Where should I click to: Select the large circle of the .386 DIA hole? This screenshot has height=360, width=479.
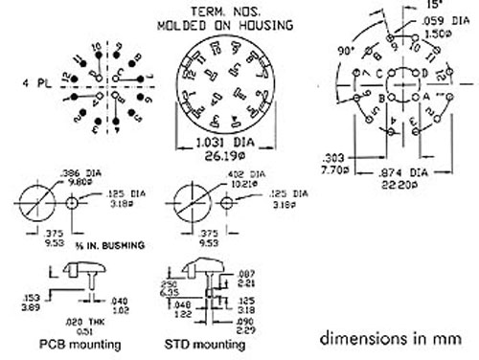coord(36,204)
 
